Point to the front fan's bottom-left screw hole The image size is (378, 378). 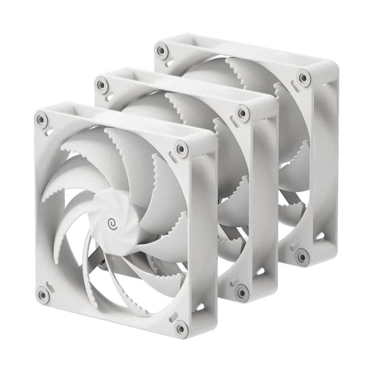tap(43, 294)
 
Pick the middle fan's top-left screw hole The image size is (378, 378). tap(101, 83)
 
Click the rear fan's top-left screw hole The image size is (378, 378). tap(162, 50)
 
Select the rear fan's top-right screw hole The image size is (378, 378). tap(302, 78)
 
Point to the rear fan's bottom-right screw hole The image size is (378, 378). tap(302, 257)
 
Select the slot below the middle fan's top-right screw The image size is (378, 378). tap(235, 124)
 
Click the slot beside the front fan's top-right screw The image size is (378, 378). tap(174, 156)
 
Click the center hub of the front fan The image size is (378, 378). tap(115, 221)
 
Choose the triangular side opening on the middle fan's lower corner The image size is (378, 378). tap(260, 271)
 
